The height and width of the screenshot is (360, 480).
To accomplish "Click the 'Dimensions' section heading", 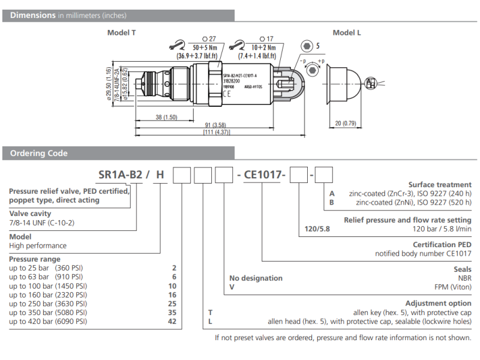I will [33, 16].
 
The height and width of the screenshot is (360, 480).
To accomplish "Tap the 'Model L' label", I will [347, 33].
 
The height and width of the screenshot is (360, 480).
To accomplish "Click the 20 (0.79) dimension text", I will [346, 123].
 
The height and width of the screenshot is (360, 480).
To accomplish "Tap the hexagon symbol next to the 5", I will [307, 46].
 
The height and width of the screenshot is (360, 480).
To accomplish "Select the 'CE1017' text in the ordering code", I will [264, 175].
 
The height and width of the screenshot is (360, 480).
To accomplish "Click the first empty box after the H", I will [182, 175].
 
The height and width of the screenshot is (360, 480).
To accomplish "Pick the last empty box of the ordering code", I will [325, 175].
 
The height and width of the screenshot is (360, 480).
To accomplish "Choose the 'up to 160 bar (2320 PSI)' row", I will [48, 295].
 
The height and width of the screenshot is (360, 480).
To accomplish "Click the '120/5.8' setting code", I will [317, 229].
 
